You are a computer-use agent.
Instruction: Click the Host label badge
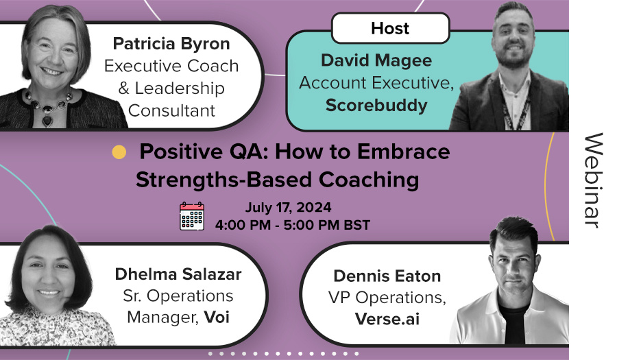pyautogui.click(x=390, y=28)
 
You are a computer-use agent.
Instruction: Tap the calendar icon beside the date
pyautogui.click(x=192, y=215)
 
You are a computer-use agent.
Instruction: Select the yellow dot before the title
pyautogui.click(x=119, y=152)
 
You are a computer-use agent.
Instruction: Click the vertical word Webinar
pyautogui.click(x=592, y=180)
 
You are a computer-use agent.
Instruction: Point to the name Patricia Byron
pyautogui.click(x=171, y=45)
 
